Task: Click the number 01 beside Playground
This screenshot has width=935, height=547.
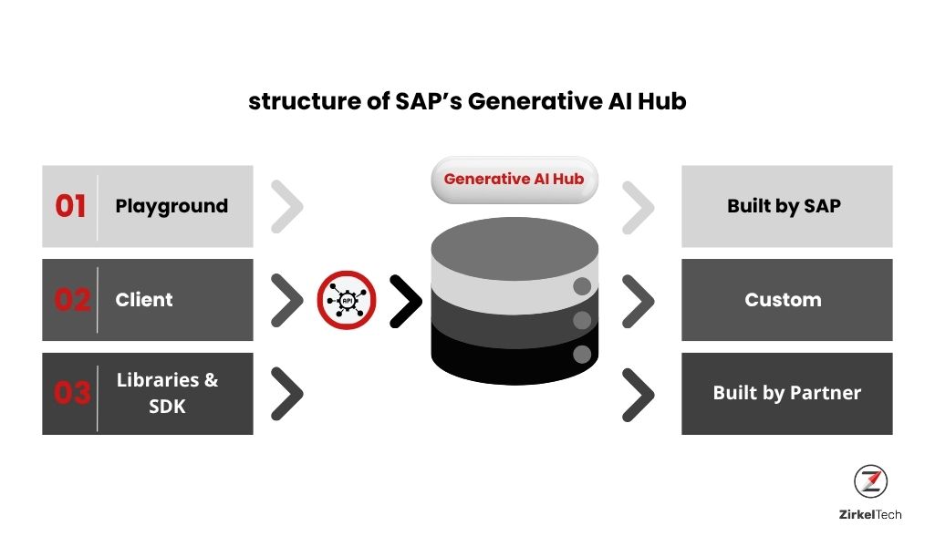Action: (70, 206)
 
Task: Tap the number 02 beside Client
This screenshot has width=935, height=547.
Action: (72, 300)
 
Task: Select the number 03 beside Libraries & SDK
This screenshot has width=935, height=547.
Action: (72, 393)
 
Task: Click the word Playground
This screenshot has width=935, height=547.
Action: (171, 206)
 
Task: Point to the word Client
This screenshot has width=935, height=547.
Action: (144, 300)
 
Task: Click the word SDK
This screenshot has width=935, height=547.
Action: (167, 407)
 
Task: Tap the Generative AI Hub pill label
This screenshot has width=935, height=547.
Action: (514, 180)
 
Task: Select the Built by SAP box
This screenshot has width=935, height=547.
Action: (786, 206)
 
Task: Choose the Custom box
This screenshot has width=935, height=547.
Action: (786, 300)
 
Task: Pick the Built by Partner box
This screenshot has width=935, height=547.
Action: (786, 393)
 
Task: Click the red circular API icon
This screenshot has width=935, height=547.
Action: (347, 300)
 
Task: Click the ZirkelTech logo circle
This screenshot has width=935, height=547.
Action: (870, 481)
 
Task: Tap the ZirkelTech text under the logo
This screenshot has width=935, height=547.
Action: (870, 514)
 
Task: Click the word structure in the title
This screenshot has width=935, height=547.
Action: (304, 101)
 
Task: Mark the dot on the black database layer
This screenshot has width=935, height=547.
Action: (582, 356)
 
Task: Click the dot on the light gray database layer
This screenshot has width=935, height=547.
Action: (582, 286)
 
